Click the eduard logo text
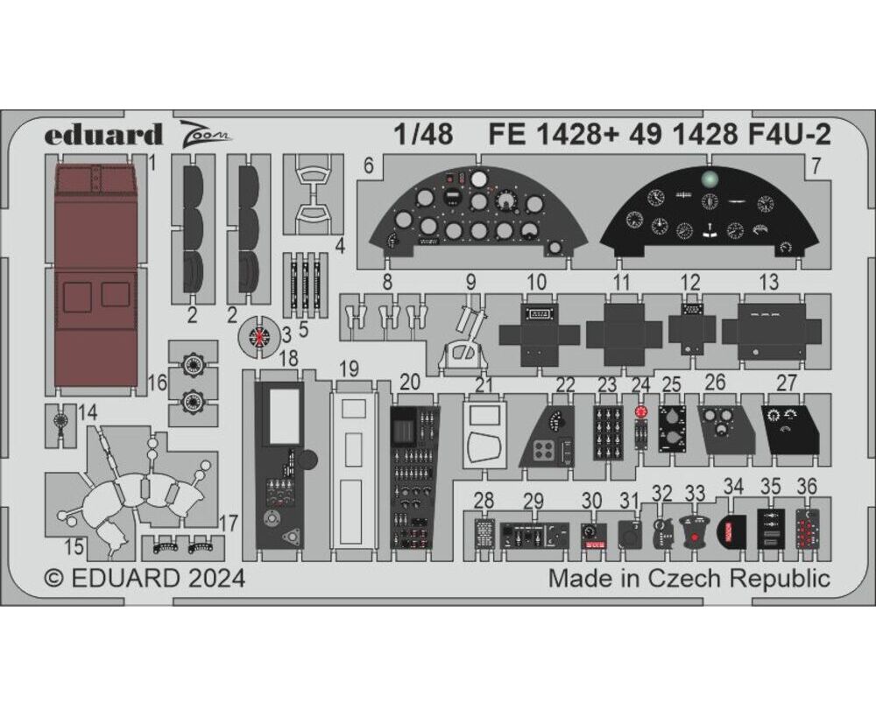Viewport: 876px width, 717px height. (103, 135)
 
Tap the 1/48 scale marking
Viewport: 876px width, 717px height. (423, 135)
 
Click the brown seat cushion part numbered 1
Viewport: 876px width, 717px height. (96, 272)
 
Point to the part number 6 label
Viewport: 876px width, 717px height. (368, 165)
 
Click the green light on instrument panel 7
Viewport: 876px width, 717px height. (710, 179)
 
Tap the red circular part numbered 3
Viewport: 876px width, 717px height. (259, 336)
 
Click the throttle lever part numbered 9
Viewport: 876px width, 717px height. (464, 336)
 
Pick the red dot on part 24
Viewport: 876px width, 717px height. (641, 411)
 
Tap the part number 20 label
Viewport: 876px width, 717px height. (410, 383)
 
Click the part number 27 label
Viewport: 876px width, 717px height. (786, 383)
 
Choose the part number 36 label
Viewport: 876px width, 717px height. (806, 486)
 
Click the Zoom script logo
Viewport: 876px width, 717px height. (206, 134)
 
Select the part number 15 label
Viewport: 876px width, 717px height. (74, 546)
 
